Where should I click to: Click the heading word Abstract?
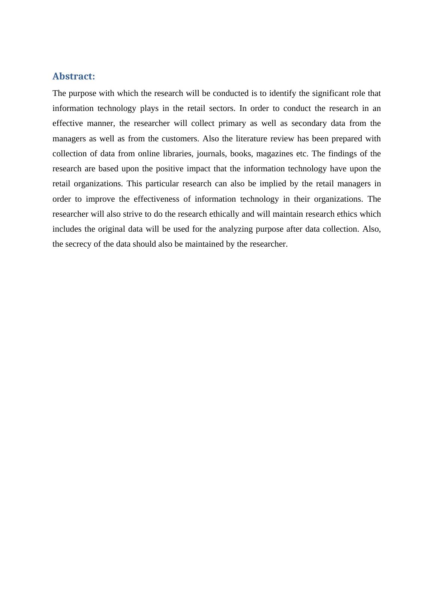[x=73, y=76]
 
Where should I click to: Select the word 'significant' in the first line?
[x=331, y=93]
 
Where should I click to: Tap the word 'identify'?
[x=282, y=93]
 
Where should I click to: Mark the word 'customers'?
[x=180, y=139]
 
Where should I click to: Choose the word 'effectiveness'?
[x=156, y=199]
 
